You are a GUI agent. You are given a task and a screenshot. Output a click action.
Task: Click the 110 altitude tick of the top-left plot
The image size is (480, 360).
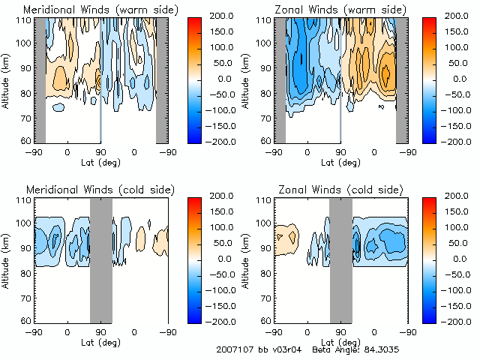pos(25,19)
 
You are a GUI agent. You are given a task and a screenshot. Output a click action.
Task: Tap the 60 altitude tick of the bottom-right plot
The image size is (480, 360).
pos(267,321)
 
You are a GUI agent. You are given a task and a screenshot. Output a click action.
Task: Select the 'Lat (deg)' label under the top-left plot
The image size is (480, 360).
pos(100,162)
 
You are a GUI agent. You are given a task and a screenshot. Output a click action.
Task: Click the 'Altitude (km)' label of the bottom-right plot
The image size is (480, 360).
pos(247,260)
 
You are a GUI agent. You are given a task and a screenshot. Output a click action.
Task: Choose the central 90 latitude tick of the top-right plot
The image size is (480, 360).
pos(340,152)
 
